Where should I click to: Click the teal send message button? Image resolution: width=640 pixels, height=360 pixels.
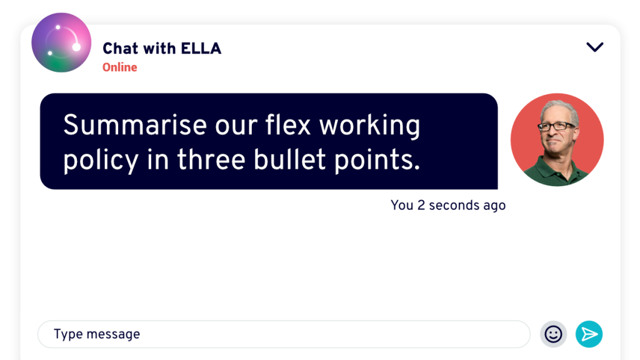tap(589, 334)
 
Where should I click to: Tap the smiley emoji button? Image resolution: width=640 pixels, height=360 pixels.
tap(554, 334)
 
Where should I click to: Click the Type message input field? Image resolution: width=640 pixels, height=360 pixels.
tap(284, 334)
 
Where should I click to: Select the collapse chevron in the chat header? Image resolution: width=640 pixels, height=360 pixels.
tap(595, 47)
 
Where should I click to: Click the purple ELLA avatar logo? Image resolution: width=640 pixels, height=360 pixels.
tap(61, 42)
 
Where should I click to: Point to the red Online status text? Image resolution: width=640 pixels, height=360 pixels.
tap(119, 67)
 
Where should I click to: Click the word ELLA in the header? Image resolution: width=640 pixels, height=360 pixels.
tap(201, 49)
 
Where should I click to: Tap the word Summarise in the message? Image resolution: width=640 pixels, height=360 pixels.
tap(135, 125)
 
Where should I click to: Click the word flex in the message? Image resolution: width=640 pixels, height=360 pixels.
tap(288, 124)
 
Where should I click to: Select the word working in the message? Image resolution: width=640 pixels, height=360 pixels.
tap(369, 126)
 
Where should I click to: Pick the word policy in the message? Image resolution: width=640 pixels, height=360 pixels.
tap(101, 161)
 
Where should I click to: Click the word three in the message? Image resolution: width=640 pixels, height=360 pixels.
tap(211, 159)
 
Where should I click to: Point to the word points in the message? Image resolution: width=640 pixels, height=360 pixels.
tap(377, 161)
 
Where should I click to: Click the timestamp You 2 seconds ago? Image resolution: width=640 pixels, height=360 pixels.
tap(447, 205)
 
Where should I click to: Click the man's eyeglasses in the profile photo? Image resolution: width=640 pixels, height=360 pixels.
tap(556, 126)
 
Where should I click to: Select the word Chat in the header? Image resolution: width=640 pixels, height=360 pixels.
tap(121, 49)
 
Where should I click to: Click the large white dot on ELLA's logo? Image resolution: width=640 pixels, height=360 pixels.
tap(76, 47)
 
